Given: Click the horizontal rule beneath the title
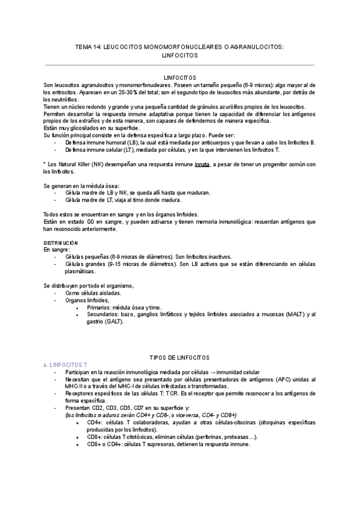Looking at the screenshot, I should [x=180, y=65].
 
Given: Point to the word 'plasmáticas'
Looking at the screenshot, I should [x=82, y=271].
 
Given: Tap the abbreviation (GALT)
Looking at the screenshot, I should [x=113, y=321].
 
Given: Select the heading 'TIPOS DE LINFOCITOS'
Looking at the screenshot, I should [x=179, y=357].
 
